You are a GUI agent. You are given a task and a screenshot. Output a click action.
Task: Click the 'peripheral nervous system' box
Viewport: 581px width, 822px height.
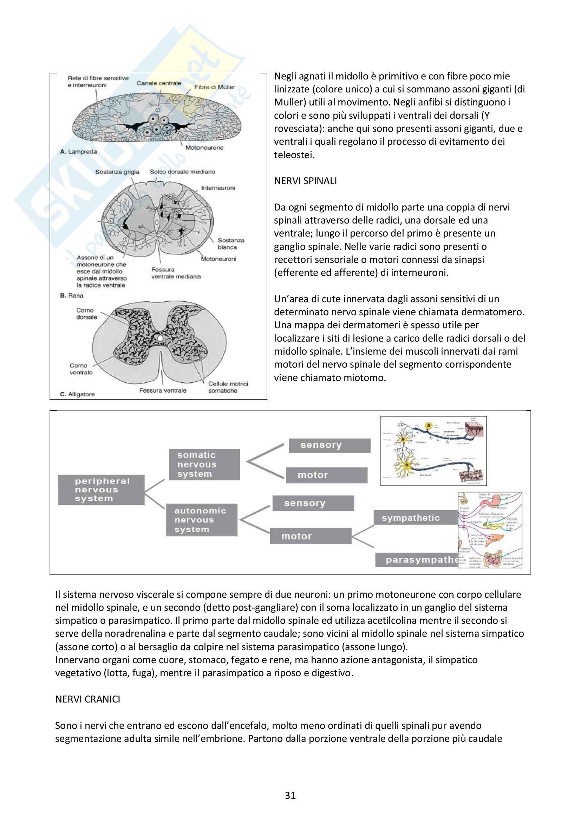tap(101, 490)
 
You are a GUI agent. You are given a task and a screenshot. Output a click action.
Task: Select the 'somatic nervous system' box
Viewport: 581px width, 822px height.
tap(204, 464)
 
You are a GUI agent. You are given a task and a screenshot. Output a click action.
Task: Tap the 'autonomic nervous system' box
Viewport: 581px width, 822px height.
tap(201, 520)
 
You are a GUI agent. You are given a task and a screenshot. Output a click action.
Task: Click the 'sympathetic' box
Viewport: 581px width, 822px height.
tap(415, 518)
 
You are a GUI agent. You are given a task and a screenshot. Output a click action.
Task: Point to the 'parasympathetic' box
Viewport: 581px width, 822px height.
tap(417, 559)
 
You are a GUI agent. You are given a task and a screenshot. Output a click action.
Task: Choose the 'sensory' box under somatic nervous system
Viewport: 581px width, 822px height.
tap(329, 445)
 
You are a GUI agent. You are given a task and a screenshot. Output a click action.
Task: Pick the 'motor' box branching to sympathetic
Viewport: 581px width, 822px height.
tap(310, 536)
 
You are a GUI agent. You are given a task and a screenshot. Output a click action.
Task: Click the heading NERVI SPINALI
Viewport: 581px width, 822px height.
tap(305, 181)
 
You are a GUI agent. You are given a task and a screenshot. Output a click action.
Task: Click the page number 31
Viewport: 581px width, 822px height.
tap(290, 795)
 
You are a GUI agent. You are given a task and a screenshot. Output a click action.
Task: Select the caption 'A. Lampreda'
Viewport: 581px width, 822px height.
tap(78, 151)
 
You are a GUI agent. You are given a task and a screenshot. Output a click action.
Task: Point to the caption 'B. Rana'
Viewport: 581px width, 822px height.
tap(72, 295)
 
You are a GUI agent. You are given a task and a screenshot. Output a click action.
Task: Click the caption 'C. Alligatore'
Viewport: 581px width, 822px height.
tap(77, 394)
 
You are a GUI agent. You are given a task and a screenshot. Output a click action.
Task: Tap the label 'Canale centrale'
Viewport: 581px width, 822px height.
tap(159, 83)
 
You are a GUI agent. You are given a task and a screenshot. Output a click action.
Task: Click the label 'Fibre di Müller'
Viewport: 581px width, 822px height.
tap(215, 87)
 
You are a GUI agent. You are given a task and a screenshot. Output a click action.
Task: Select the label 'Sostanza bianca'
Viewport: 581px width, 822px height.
tap(231, 244)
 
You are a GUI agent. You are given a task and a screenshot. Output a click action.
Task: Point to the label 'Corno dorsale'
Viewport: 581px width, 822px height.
tap(86, 313)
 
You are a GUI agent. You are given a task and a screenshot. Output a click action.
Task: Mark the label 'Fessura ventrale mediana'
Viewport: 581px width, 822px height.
tap(176, 273)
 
